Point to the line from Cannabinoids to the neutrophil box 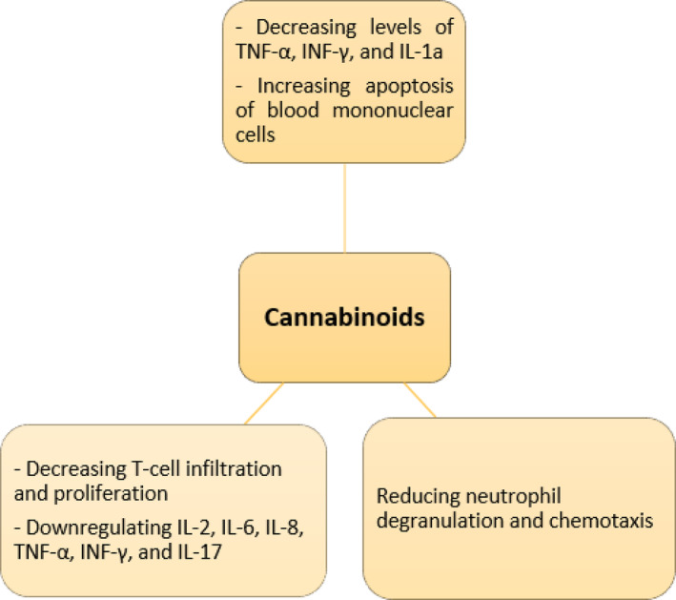click(x=420, y=400)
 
